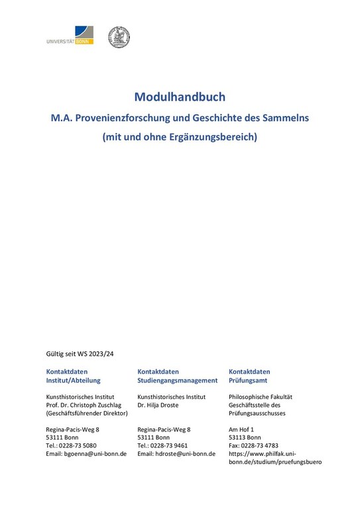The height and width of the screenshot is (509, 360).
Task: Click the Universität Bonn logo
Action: coord(70,36)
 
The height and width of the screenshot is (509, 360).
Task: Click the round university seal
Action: coord(119,37)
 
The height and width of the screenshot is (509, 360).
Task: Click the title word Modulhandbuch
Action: coord(180,97)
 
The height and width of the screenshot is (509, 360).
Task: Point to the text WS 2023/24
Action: coord(94,354)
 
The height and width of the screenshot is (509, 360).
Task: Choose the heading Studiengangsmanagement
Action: coord(177,380)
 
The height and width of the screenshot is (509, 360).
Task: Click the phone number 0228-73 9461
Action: coord(168,445)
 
